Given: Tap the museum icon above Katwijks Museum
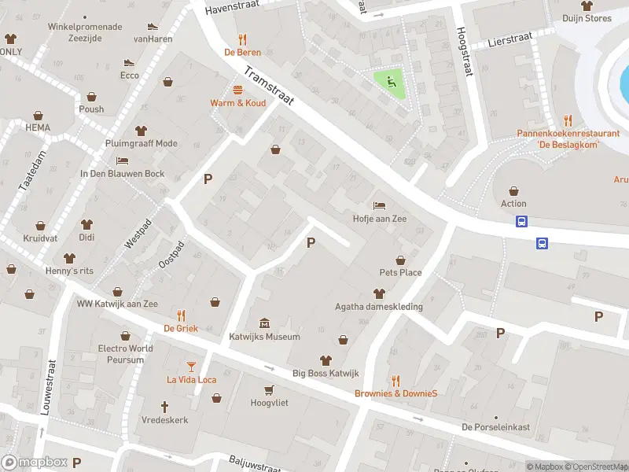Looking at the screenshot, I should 263,323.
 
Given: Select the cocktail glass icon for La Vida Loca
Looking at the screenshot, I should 191,366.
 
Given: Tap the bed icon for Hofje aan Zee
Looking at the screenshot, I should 380,205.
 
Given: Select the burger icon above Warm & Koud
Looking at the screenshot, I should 237,90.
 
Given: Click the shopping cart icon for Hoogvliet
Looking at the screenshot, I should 270,389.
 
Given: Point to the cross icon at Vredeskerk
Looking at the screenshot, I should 165,407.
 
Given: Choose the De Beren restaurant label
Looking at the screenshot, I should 242,53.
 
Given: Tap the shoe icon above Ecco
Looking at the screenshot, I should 129,63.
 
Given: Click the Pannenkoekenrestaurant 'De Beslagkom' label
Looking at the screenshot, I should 568,138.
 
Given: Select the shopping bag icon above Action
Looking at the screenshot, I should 513,190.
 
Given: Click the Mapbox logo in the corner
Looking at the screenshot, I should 35,462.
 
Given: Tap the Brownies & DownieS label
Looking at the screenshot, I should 395,393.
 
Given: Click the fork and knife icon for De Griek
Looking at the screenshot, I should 181,315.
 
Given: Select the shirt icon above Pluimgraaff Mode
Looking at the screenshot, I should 142,131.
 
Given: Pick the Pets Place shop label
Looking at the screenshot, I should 400,273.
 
